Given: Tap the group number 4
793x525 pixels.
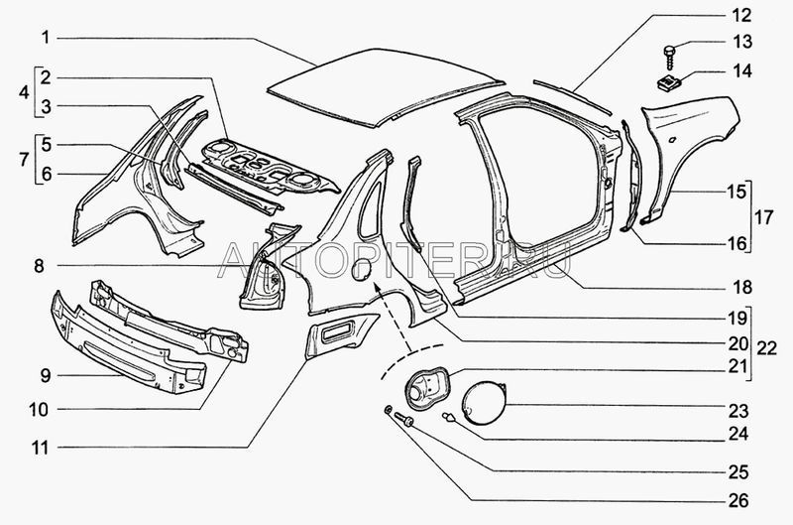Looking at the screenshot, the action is [24, 91].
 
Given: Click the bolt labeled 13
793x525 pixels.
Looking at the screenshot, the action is [671, 46].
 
